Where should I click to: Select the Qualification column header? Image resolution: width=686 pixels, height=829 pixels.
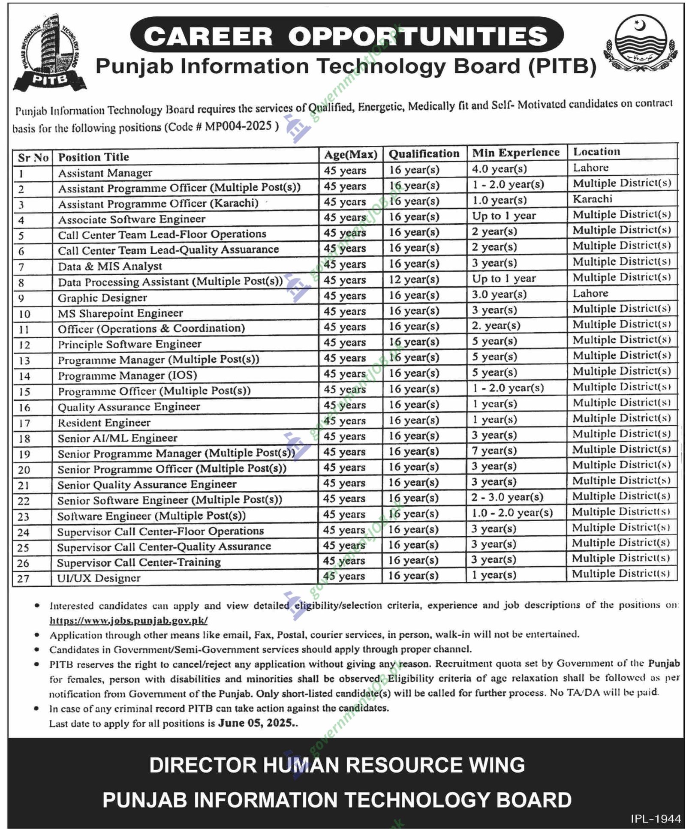(x=424, y=153)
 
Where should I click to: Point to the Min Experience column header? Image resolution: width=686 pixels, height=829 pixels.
(x=516, y=153)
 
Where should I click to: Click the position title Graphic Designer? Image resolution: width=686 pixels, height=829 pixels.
(x=102, y=298)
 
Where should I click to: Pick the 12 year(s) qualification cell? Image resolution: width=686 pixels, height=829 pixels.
(x=414, y=279)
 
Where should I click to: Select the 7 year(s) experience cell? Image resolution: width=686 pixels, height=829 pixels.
(x=494, y=451)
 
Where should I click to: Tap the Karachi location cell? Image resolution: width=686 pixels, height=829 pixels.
(x=592, y=199)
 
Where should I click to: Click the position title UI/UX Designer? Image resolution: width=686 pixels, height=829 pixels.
(x=99, y=578)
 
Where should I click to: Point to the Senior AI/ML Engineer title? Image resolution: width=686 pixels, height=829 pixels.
(x=117, y=438)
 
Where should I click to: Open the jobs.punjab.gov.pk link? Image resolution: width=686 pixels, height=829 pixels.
(x=129, y=620)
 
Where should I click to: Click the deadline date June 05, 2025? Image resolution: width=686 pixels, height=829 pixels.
(x=256, y=723)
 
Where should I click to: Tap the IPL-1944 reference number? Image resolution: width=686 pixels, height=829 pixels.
(x=656, y=819)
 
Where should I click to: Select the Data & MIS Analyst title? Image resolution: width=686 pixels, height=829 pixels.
(x=110, y=266)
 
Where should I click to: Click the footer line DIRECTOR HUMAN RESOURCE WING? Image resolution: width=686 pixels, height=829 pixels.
(x=337, y=765)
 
